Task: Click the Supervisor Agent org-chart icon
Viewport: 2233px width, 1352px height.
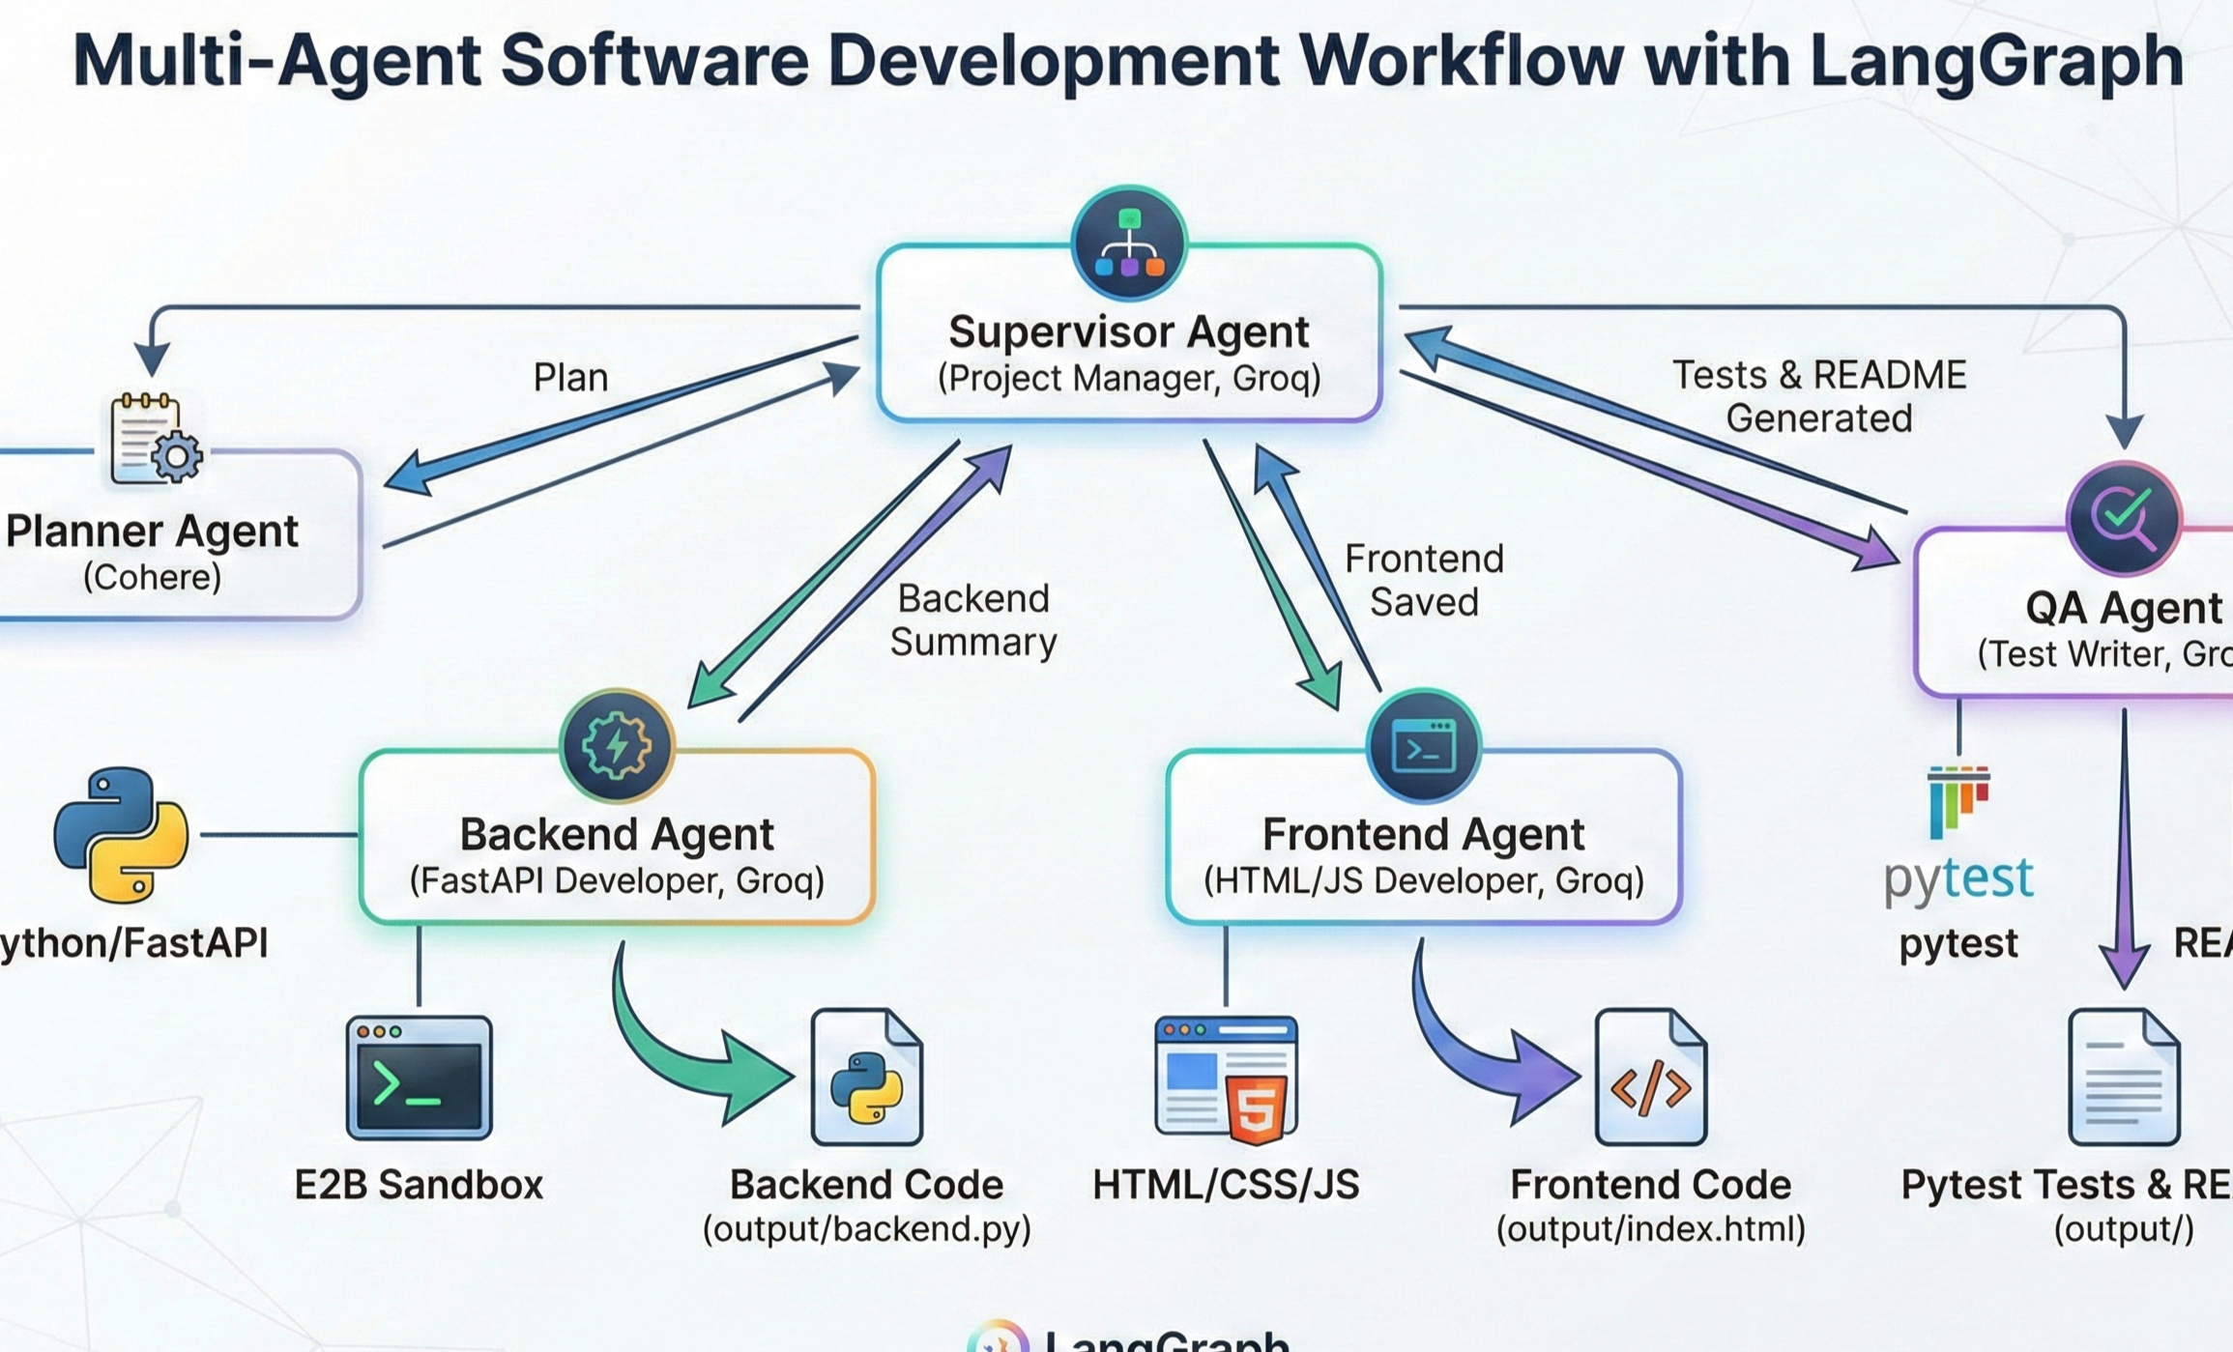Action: coord(1128,245)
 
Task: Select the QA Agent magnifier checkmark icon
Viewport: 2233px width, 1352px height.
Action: coord(2123,519)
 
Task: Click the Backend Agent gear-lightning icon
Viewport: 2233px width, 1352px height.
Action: coord(617,746)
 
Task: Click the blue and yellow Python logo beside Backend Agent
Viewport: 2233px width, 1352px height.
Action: coord(121,835)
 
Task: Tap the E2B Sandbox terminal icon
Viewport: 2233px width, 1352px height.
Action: coord(419,1078)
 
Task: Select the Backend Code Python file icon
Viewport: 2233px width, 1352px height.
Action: coord(867,1078)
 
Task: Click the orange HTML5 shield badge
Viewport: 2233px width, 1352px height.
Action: coord(1256,1108)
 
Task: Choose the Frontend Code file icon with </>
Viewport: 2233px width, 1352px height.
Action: coord(1651,1078)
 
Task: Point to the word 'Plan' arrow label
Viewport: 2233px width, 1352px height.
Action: coord(570,378)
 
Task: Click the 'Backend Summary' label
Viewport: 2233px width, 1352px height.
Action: coord(972,620)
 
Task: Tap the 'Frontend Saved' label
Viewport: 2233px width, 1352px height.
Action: coord(1423,580)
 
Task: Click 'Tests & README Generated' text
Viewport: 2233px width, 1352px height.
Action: coord(1818,396)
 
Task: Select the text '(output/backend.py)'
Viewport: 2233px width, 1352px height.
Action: coord(867,1229)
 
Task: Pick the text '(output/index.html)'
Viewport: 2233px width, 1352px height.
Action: coord(1651,1229)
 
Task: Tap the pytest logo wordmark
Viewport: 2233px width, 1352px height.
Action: coord(1958,877)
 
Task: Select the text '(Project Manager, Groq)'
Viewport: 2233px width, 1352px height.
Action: coord(1128,379)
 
